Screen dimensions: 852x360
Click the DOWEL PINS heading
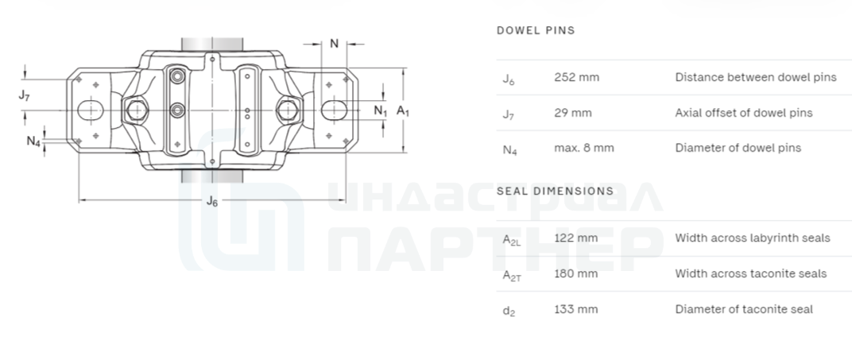(x=536, y=30)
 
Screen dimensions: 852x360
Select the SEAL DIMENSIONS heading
(x=555, y=192)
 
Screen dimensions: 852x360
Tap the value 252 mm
(x=576, y=77)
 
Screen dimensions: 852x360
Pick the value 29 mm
(x=573, y=113)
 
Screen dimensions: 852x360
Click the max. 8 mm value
(x=584, y=148)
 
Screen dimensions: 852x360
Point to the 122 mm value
(x=576, y=238)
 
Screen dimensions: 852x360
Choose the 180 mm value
(x=576, y=273)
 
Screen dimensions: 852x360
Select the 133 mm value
(x=576, y=309)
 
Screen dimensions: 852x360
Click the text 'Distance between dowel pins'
(x=756, y=77)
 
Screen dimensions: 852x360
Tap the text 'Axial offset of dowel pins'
(x=744, y=113)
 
